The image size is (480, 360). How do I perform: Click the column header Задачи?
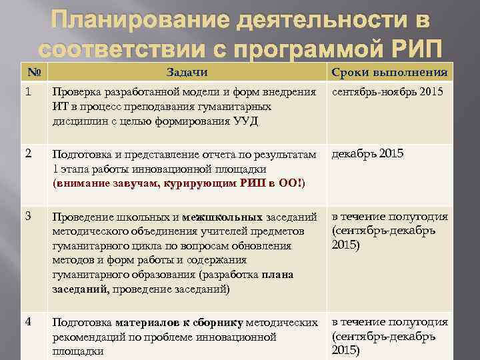coord(187,72)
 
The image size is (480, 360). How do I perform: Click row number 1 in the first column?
coord(27,91)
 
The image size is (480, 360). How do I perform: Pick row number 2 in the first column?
coord(27,153)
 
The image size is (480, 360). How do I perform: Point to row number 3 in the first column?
coord(27,216)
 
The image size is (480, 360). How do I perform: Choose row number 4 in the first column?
coord(27,321)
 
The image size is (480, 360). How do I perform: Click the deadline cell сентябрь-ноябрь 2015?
coord(387,91)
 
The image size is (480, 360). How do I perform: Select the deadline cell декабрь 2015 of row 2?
coord(367,153)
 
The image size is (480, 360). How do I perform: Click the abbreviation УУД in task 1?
coord(245,121)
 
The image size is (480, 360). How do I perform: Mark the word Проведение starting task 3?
coord(83,217)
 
